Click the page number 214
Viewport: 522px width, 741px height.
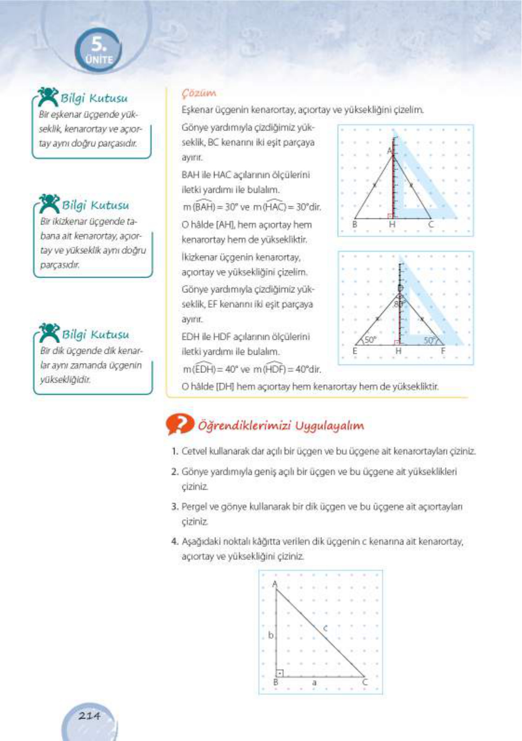(89, 715)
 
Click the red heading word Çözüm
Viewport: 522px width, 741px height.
(199, 93)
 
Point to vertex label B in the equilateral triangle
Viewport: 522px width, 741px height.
(355, 225)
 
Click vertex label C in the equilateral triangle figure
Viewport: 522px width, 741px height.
(431, 225)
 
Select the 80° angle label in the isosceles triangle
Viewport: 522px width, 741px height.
(398, 304)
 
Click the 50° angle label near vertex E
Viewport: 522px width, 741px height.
(370, 340)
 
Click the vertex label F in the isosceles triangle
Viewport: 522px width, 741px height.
(443, 351)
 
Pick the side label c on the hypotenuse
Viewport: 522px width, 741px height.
(325, 628)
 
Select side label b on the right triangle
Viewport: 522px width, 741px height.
(271, 635)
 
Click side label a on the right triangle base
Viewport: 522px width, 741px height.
(314, 682)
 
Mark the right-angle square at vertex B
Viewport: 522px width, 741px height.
(280, 673)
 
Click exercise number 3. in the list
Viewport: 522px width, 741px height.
(175, 506)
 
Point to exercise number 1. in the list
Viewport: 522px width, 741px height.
(175, 451)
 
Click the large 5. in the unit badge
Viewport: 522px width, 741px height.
(99, 45)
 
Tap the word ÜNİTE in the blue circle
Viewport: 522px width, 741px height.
(99, 60)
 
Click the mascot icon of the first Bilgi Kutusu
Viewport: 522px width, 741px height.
(47, 96)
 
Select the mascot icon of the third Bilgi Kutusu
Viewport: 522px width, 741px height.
(48, 332)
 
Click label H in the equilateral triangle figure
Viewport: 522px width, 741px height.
(392, 225)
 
